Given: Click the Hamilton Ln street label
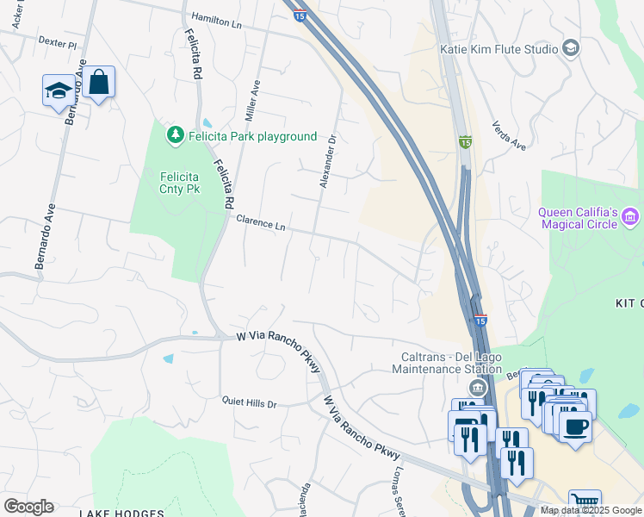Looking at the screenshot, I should tap(216, 21).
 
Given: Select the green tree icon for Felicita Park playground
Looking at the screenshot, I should tap(176, 136).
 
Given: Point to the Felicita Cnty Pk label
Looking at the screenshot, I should tap(180, 183).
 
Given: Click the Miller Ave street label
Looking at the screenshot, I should tap(252, 99).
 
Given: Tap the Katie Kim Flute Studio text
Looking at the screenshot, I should tap(499, 49).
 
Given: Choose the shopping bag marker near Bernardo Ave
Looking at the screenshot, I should tap(100, 83).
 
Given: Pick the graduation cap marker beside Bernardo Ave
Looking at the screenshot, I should tap(58, 90).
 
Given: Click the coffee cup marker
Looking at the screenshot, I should tap(575, 425).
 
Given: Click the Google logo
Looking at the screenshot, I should tap(28, 507).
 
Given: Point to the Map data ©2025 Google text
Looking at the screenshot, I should tap(590, 510).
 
